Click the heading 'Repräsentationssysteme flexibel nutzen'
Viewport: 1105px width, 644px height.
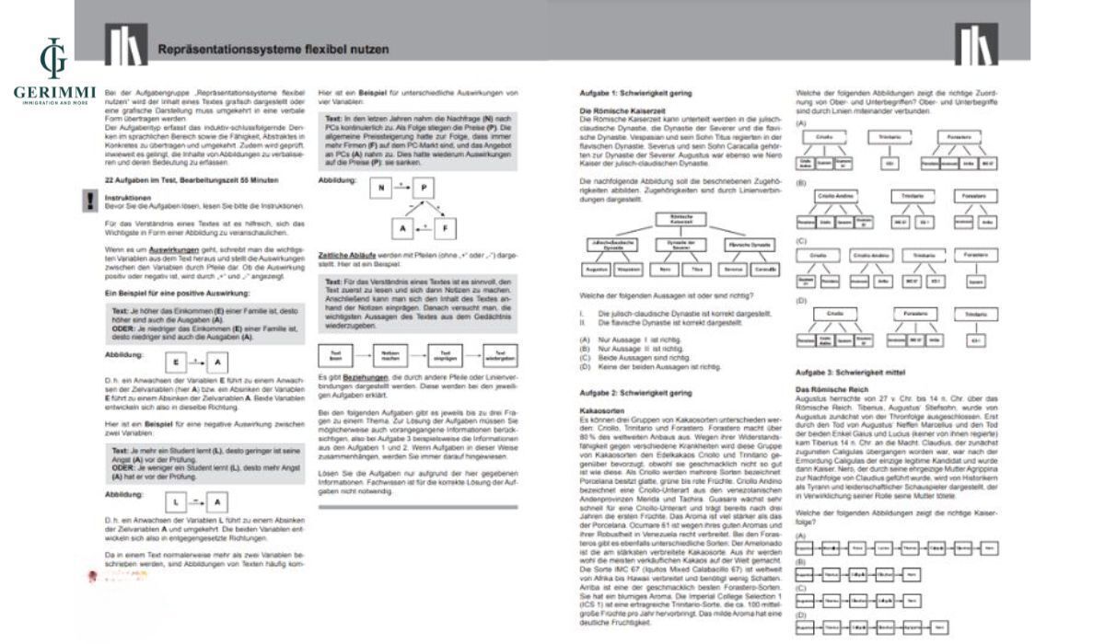tap(273, 49)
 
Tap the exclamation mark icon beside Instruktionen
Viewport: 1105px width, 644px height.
tap(90, 200)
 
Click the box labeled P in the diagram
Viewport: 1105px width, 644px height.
tap(424, 189)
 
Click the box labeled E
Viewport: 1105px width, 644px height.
tap(177, 362)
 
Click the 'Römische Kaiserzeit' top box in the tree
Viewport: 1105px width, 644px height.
tap(682, 219)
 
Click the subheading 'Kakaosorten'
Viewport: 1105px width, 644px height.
tap(597, 406)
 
